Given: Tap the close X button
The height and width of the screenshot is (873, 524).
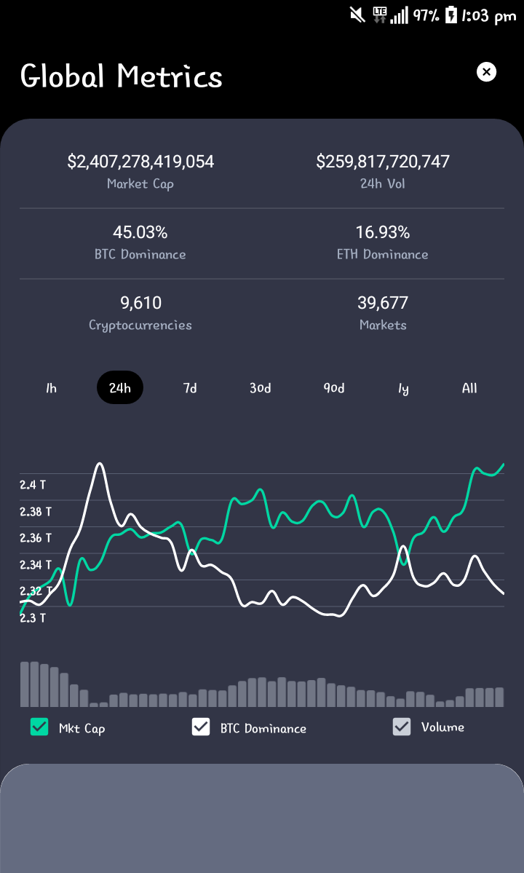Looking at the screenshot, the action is [x=486, y=72].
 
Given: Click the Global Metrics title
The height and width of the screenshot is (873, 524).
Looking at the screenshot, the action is [x=122, y=76].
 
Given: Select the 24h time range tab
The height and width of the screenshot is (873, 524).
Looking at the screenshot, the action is [x=120, y=387].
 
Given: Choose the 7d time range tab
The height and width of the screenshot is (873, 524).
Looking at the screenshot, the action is [x=190, y=388].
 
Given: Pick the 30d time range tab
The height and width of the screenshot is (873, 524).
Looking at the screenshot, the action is [x=260, y=388].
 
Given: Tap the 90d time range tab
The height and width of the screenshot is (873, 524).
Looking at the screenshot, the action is [x=334, y=388].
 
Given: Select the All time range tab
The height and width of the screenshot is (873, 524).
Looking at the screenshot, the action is [x=469, y=388].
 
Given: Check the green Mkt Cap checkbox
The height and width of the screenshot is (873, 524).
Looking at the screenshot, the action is [x=39, y=727].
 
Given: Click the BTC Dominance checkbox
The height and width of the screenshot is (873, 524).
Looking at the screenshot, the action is [x=201, y=727].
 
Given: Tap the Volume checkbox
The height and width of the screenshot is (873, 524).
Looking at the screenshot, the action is [x=402, y=727].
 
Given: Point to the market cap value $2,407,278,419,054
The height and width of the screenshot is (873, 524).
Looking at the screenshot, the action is [x=140, y=162].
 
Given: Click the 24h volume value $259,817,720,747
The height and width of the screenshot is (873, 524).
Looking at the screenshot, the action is [x=383, y=162].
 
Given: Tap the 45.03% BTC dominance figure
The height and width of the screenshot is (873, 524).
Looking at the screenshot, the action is [x=140, y=232].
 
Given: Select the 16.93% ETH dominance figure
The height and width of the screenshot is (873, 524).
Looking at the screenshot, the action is [x=383, y=232].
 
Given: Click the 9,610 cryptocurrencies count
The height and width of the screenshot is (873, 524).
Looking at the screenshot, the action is [x=140, y=302].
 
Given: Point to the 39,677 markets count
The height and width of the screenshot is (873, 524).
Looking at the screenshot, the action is [x=383, y=302].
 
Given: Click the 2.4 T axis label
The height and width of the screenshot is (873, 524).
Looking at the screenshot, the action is [x=33, y=485].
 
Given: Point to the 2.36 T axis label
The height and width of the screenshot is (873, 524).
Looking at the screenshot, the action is [x=36, y=538].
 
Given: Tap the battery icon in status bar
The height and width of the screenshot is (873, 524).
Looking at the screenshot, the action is [x=451, y=15].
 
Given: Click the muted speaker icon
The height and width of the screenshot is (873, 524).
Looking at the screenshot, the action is [x=357, y=15].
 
